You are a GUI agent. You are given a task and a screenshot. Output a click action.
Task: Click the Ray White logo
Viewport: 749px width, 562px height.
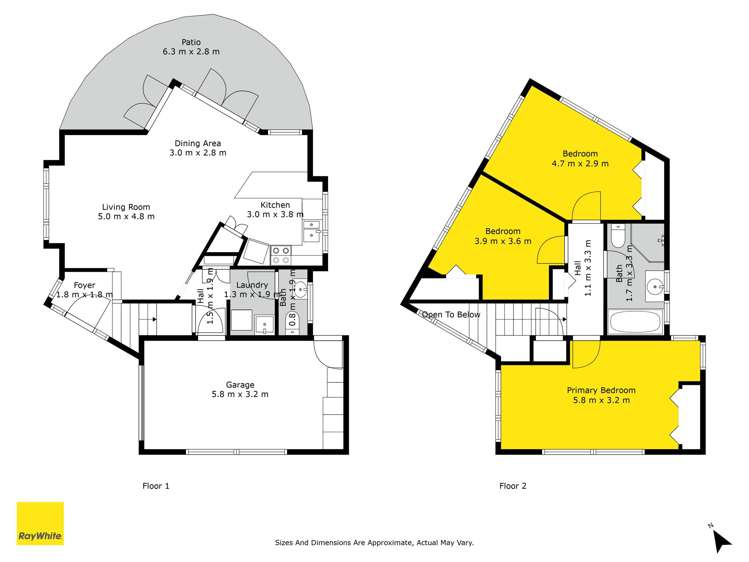tap(40, 524)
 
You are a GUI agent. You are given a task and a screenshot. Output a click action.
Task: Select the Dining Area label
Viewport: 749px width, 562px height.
tap(200, 142)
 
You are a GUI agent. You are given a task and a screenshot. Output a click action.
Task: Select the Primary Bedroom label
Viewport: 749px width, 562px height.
tap(601, 389)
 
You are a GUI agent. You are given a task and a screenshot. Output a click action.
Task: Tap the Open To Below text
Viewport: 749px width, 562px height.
tap(451, 314)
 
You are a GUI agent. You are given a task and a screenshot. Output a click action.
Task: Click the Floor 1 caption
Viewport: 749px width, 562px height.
tap(155, 486)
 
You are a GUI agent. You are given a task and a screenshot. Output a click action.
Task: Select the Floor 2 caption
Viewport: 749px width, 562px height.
tap(513, 486)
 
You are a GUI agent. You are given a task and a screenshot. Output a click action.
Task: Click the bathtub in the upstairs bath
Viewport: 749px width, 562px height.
tap(632, 322)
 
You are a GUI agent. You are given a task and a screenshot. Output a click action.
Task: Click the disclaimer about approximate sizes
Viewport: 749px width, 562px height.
tap(374, 543)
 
